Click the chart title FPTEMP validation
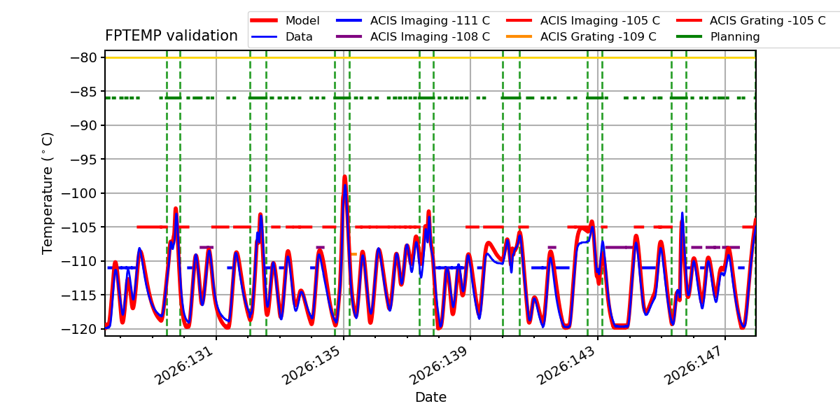(x=171, y=36)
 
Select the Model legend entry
(x=285, y=20)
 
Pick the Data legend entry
(x=281, y=36)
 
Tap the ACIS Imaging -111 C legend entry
(x=413, y=20)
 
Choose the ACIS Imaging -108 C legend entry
(x=413, y=36)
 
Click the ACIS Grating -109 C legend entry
(x=581, y=36)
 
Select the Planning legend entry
(x=718, y=36)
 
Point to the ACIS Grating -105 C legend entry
(x=751, y=20)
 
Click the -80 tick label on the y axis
(x=83, y=57)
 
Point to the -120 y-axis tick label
(x=78, y=329)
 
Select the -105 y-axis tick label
(x=78, y=227)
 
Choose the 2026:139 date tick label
(x=439, y=365)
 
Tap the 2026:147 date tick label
(x=694, y=365)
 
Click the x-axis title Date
(x=430, y=397)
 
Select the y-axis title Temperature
(x=48, y=193)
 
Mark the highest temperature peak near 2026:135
(x=344, y=176)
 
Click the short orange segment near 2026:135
(x=353, y=254)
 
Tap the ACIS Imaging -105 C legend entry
(x=582, y=20)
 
